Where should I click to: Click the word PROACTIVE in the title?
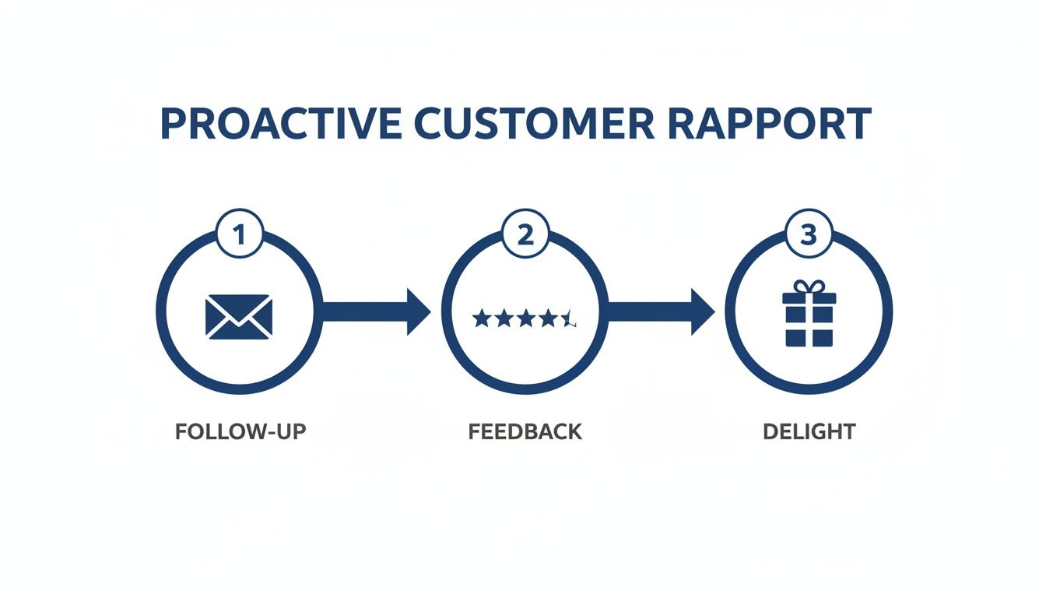pos(280,125)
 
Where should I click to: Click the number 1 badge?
pos(240,235)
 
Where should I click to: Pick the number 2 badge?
pos(525,235)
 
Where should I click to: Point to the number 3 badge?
pos(809,235)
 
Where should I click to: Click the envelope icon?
pos(240,316)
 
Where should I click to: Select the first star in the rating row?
pos(481,318)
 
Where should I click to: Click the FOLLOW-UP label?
pos(240,432)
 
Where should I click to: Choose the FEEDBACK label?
pos(525,432)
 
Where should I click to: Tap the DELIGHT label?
pos(809,432)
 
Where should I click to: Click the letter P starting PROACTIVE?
pos(173,125)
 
